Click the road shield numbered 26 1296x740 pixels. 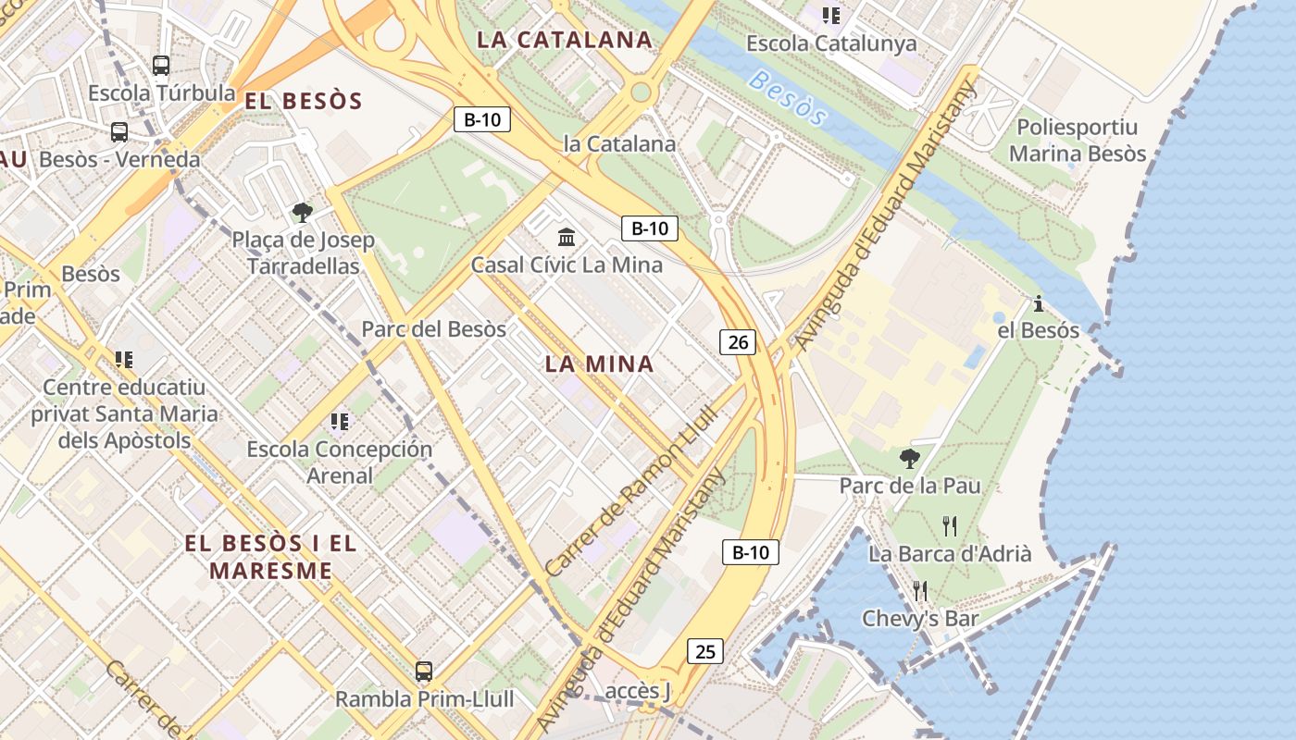point(738,342)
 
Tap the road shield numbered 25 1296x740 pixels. point(705,651)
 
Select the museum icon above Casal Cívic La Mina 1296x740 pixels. point(567,238)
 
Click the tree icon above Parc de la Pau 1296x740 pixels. point(910,457)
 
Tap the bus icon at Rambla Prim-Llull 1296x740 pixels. point(424,672)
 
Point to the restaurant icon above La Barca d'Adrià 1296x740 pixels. point(950,526)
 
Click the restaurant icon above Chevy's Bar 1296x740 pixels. point(920,591)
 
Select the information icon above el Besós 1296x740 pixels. point(1039,303)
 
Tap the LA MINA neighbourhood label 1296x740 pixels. point(599,364)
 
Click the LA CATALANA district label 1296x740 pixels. point(565,40)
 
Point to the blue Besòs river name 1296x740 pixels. point(787,98)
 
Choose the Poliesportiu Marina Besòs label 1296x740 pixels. point(1078,141)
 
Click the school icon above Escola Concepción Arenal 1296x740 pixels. point(340,422)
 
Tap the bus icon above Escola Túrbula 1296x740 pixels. point(161,65)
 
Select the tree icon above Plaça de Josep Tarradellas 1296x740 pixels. point(302,213)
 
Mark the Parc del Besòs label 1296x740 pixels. point(433,328)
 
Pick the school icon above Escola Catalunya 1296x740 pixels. point(831,16)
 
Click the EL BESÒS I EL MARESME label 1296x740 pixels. point(270,557)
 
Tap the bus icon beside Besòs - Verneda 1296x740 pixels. point(119,131)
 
